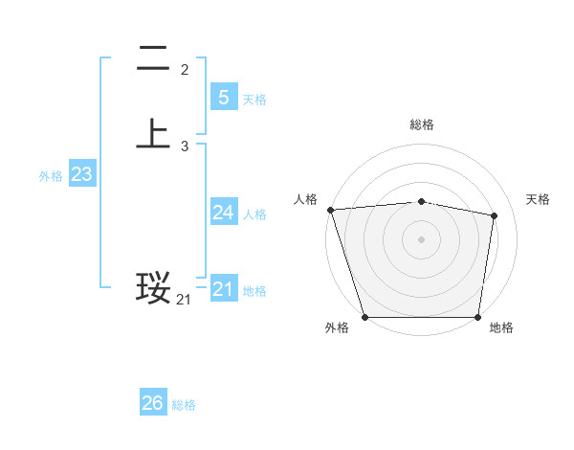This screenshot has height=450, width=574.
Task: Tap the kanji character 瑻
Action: (153, 288)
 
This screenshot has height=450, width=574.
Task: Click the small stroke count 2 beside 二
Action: (185, 70)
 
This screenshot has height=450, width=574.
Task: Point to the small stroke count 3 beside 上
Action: (185, 146)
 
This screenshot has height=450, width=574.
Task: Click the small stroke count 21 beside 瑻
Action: (184, 300)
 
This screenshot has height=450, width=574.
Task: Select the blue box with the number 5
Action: (223, 97)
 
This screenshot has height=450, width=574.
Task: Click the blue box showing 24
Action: (223, 212)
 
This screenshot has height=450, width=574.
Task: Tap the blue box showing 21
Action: (223, 288)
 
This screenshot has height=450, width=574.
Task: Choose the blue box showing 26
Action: (152, 403)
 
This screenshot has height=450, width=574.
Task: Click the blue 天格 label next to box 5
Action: (254, 99)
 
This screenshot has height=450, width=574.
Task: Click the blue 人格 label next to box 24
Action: (254, 214)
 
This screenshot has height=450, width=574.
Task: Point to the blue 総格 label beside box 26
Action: (184, 405)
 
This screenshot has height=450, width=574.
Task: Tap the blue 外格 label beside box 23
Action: (51, 176)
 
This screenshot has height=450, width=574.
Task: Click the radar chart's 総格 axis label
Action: (421, 124)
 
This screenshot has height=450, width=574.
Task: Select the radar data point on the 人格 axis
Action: (330, 210)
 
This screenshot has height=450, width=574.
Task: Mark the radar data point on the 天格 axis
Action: (494, 215)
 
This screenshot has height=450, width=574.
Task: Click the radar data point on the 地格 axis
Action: (477, 316)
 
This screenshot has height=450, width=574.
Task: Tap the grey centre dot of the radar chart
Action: (421, 238)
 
